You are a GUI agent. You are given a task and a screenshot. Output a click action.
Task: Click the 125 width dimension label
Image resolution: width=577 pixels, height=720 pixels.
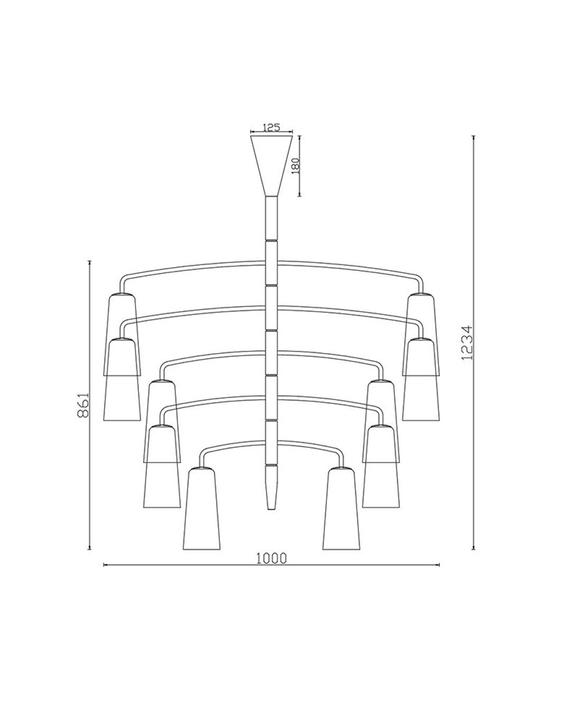pyautogui.click(x=272, y=127)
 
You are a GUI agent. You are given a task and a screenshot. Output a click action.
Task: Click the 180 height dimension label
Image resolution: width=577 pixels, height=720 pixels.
pyautogui.click(x=296, y=166)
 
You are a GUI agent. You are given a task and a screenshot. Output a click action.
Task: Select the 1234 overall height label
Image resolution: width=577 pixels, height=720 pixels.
pyautogui.click(x=467, y=343)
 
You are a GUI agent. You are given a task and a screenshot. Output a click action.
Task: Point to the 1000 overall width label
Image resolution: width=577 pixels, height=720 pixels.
pyautogui.click(x=271, y=558)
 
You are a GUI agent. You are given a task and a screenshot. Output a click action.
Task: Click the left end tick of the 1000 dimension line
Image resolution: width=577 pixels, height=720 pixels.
pyautogui.click(x=104, y=565)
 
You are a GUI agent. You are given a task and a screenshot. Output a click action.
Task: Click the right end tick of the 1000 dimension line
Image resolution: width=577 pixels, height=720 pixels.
pyautogui.click(x=439, y=565)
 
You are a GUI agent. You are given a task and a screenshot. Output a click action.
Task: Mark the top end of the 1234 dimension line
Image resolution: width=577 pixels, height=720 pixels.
pyautogui.click(x=474, y=137)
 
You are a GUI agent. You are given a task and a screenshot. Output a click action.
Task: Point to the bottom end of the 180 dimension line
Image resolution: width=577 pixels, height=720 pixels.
pyautogui.click(x=300, y=195)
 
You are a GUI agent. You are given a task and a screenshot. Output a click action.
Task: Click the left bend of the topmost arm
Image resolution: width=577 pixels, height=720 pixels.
pyautogui.click(x=124, y=279)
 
